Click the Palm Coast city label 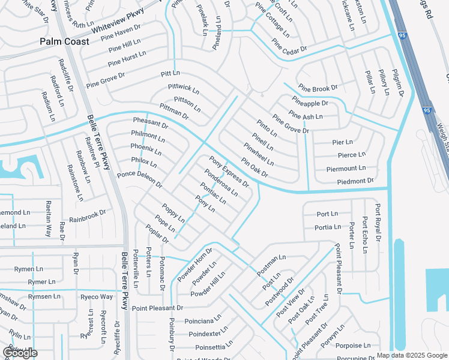64,41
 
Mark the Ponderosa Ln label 221,182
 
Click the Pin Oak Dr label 254,168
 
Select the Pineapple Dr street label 310,103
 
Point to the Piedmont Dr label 355,181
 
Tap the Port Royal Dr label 378,223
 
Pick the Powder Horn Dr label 194,265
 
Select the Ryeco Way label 97,296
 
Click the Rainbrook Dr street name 87,216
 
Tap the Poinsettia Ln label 214,347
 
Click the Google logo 20,353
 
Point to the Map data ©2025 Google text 412,355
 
